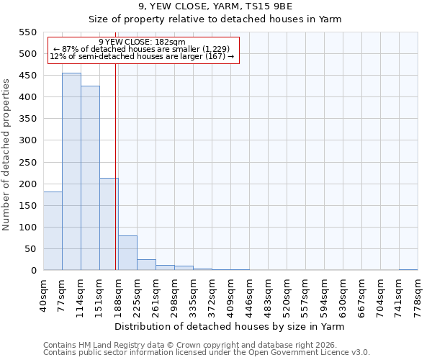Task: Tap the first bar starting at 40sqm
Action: click(x=53, y=230)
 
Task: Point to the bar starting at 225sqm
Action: click(x=146, y=264)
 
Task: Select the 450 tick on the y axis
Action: click(x=27, y=75)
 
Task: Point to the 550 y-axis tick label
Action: click(x=27, y=32)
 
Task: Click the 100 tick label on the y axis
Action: click(x=27, y=227)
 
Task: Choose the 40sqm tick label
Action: click(x=43, y=292)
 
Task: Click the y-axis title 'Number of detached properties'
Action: click(x=7, y=155)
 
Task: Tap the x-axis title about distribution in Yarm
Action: click(x=230, y=326)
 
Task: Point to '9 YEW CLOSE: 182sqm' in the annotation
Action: click(x=142, y=42)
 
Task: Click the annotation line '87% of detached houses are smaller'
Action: click(x=142, y=49)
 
